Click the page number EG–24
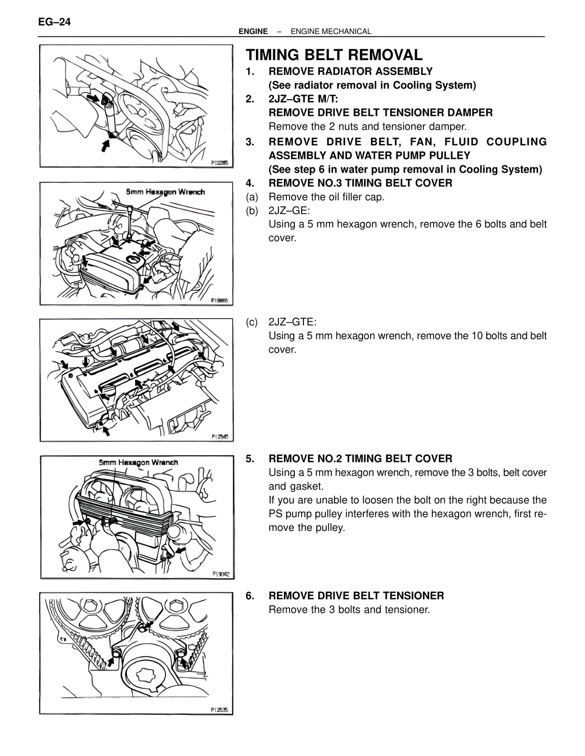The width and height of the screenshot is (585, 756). click(55, 22)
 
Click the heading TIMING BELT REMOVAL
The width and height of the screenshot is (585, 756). click(334, 55)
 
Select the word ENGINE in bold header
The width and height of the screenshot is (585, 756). click(253, 31)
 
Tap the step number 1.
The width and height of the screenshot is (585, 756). click(250, 72)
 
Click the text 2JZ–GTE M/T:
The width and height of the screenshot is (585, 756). click(303, 99)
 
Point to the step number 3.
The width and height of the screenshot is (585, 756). click(250, 142)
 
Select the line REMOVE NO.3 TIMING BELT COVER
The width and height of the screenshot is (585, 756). click(360, 183)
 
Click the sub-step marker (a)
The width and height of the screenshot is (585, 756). click(252, 197)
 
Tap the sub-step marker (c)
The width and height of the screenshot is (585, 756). click(252, 322)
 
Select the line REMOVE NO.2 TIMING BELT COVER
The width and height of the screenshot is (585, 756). click(360, 458)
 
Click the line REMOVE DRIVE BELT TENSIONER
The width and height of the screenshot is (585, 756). click(356, 596)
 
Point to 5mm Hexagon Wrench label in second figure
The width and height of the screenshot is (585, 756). click(165, 192)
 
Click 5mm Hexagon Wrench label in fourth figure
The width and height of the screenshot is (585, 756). click(138, 462)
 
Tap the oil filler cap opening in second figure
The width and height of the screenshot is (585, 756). click(133, 260)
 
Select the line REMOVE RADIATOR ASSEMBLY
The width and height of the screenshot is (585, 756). click(351, 72)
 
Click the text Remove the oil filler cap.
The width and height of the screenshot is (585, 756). click(326, 197)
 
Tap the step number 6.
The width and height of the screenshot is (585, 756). click(250, 596)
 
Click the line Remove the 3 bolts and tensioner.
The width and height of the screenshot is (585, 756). click(349, 609)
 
